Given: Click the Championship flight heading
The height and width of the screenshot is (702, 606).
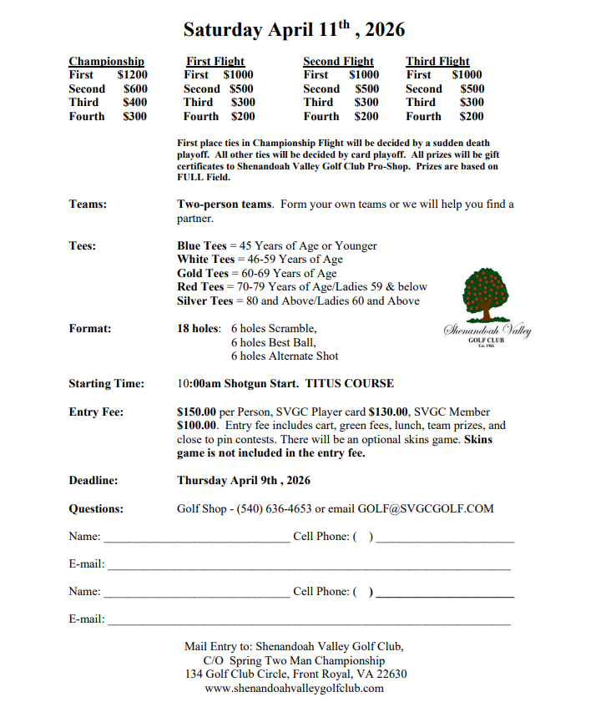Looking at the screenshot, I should coord(106,61).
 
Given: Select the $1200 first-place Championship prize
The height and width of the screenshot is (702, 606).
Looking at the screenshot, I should coord(133,74).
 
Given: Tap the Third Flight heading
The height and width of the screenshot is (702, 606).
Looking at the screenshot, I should coord(437,61).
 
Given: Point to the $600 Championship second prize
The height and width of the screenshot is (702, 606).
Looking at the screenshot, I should coord(135,88).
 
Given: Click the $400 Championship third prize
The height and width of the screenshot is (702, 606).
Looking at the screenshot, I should coord(135,102).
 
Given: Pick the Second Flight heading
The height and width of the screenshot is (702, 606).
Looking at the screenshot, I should coord(338,61).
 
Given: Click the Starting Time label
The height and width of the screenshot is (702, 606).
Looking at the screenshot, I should coord(106,384).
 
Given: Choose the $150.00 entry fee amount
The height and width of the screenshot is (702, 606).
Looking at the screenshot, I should coord(196,412).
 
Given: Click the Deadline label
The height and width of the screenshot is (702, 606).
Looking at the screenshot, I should coord(93,480).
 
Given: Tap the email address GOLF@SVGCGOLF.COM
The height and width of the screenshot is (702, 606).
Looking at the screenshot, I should coord(426,508).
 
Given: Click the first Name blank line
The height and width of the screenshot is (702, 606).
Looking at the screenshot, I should coord(195,541).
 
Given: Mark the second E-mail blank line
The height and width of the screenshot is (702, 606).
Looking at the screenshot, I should coord(309,624).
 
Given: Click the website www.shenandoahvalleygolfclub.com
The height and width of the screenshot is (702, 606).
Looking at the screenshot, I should coord(294,688).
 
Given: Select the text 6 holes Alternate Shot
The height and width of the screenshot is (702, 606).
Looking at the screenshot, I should coord(285,356).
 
